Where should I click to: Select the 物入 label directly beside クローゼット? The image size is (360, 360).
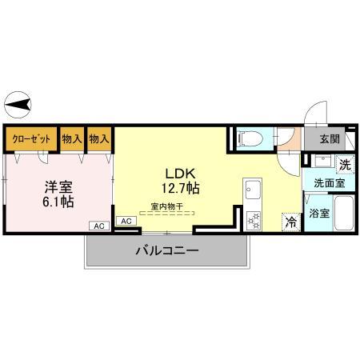(72, 139)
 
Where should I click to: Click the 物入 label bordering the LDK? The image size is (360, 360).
(99, 139)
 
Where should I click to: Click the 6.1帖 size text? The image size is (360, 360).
(58, 202)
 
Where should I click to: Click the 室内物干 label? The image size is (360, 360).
(167, 206)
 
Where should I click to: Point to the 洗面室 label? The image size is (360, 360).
(328, 183)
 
